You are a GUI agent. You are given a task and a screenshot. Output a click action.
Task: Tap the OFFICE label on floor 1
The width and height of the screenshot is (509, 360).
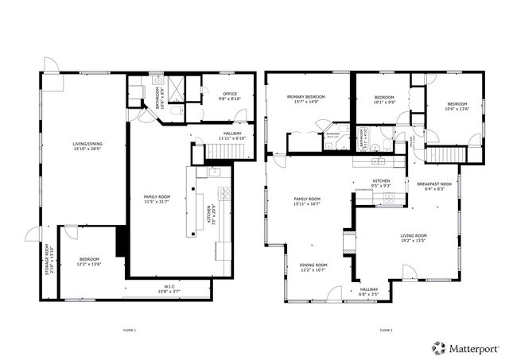click(229, 96)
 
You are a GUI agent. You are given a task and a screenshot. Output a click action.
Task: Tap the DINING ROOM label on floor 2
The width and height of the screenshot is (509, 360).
click(313, 268)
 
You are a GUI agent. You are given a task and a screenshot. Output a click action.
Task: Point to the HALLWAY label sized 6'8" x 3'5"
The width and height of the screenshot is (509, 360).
click(369, 292)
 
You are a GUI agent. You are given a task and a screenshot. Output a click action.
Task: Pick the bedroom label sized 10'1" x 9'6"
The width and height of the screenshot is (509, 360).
click(385, 100)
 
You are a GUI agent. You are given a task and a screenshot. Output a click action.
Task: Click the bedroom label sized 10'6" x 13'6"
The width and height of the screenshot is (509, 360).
click(457, 106)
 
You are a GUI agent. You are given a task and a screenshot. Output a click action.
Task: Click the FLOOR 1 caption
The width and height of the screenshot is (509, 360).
click(130, 330)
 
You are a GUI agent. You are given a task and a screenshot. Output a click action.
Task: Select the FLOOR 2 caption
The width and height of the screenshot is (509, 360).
click(387, 330)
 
